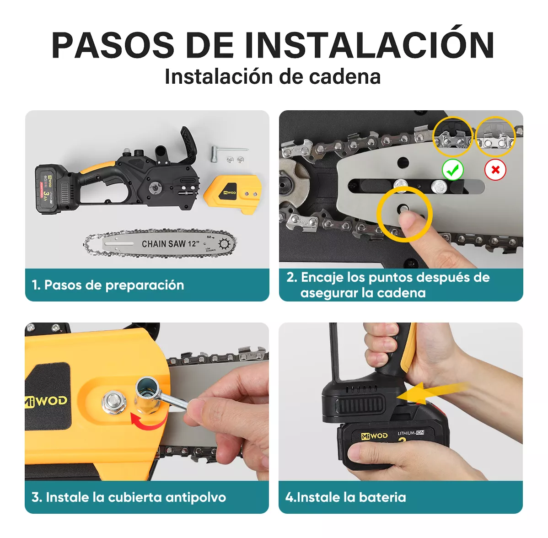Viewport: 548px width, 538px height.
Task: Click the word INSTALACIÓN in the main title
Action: [369, 45]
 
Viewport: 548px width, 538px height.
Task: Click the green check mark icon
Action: [453, 170]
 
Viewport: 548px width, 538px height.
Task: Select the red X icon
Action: [495, 170]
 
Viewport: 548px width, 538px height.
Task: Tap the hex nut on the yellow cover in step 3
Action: [114, 402]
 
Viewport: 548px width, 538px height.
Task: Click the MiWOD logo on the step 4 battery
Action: [374, 436]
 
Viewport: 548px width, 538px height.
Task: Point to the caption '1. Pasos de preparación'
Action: [108, 285]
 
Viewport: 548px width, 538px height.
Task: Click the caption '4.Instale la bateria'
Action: [346, 497]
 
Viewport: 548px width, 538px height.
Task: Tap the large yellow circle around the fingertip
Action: [404, 213]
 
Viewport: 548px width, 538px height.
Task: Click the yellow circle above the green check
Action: [452, 137]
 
